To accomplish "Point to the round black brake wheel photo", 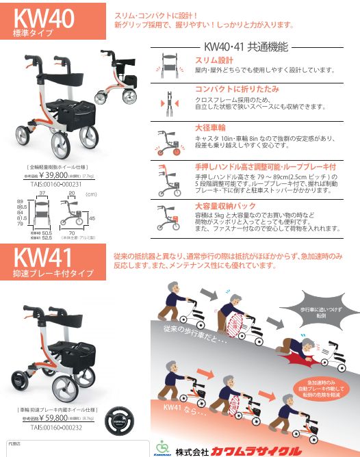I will (122, 421).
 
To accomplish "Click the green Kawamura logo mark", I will (162, 445).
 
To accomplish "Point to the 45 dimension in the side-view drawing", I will (92, 218).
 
